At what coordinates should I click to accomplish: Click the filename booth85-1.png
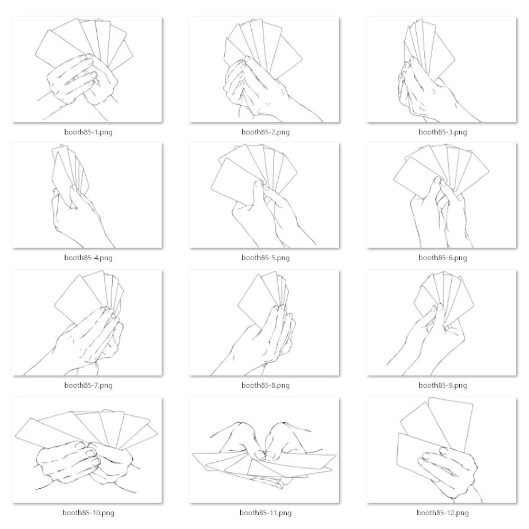[x=88, y=132]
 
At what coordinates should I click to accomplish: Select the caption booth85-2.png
[x=266, y=132]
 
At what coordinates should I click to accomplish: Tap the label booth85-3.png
[x=443, y=132]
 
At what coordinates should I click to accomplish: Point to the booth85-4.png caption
[x=88, y=258]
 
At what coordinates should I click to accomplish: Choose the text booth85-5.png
[x=266, y=258]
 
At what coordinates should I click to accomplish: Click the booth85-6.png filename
[x=443, y=258]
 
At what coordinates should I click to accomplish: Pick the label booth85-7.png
[x=88, y=385]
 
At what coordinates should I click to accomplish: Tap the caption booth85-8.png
[x=266, y=385]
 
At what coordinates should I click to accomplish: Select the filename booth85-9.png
[x=443, y=385]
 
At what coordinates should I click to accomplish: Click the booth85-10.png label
[x=88, y=513]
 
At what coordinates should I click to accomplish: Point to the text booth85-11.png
[x=266, y=513]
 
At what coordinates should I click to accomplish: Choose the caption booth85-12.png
[x=443, y=513]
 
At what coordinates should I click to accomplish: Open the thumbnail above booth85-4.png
[x=87, y=195]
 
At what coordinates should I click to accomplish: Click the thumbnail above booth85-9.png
[x=441, y=323]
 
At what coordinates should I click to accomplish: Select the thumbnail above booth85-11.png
[x=264, y=450]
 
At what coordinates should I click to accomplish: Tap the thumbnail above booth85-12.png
[x=441, y=450]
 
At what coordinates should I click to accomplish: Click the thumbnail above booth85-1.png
[x=87, y=69]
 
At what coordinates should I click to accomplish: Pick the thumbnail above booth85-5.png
[x=264, y=195]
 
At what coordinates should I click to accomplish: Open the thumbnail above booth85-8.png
[x=264, y=323]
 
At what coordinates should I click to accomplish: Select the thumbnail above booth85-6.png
[x=441, y=195]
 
